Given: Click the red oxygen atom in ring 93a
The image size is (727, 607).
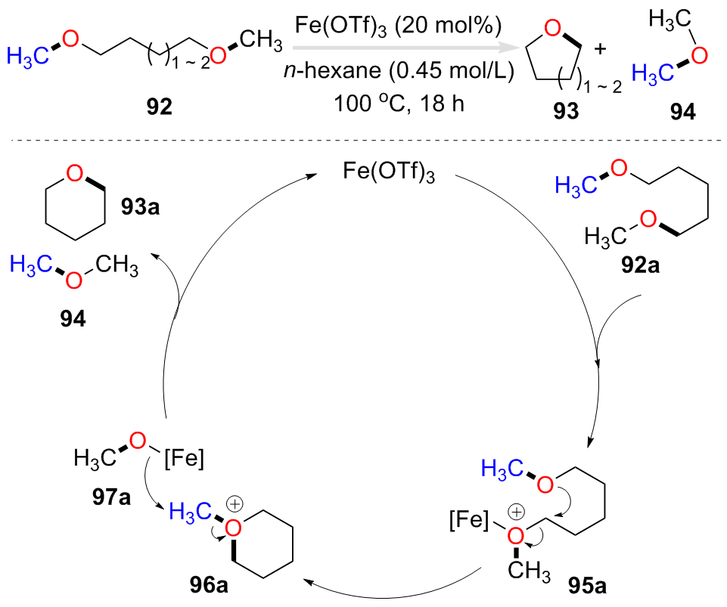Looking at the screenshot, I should point(74,176).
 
